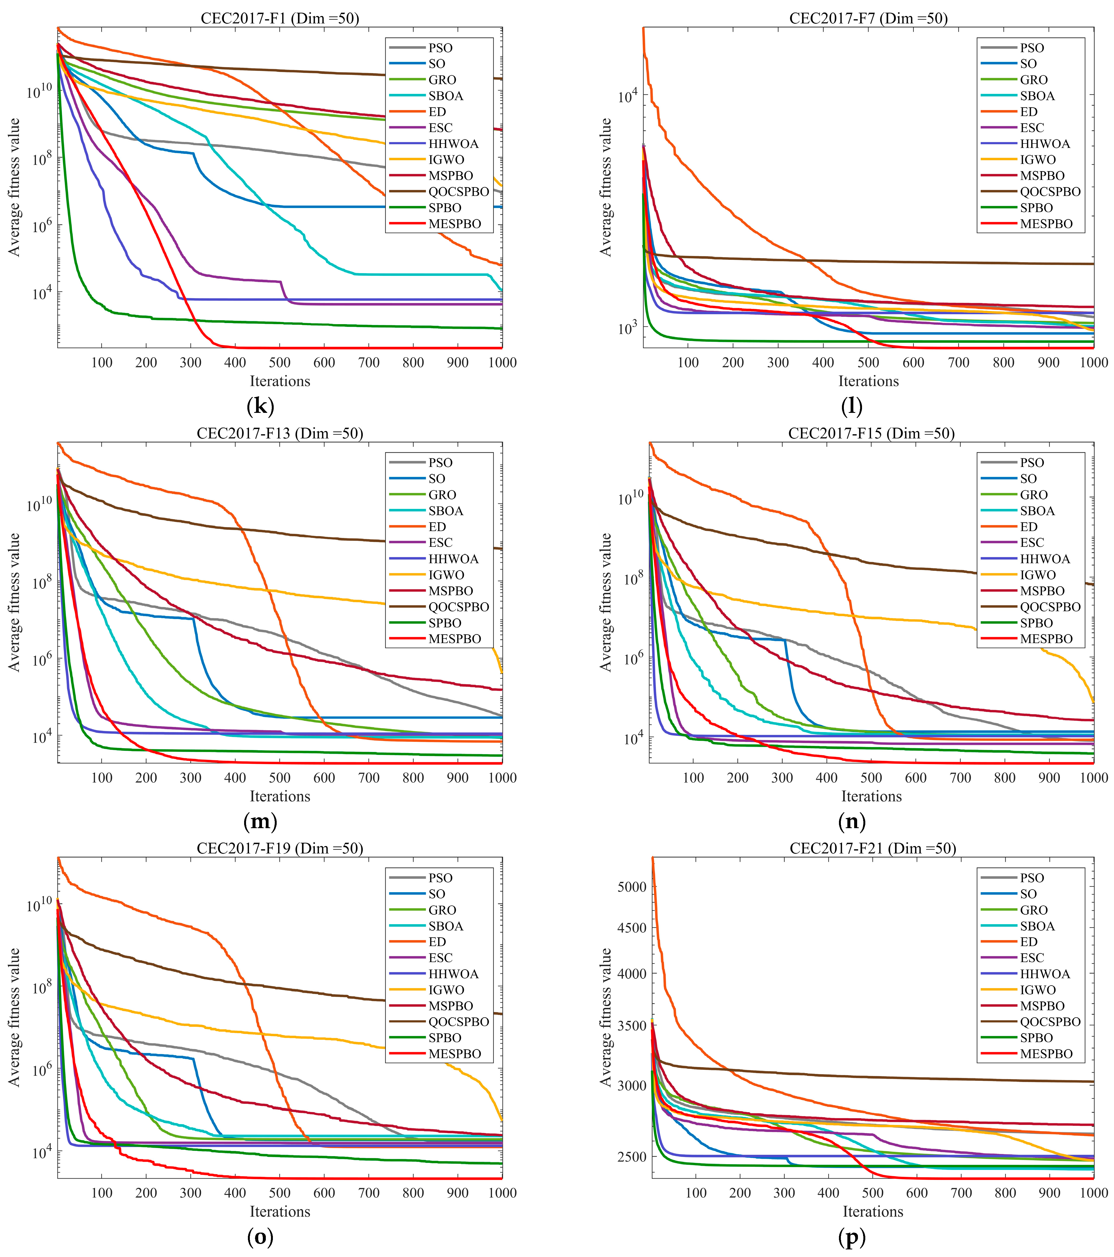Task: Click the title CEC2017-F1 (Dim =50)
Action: [280, 18]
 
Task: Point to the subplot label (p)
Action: [851, 1237]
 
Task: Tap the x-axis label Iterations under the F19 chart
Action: [280, 1211]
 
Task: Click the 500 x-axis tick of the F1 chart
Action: [280, 363]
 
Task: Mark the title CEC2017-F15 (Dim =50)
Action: [871, 433]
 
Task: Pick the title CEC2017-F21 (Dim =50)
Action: [872, 849]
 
